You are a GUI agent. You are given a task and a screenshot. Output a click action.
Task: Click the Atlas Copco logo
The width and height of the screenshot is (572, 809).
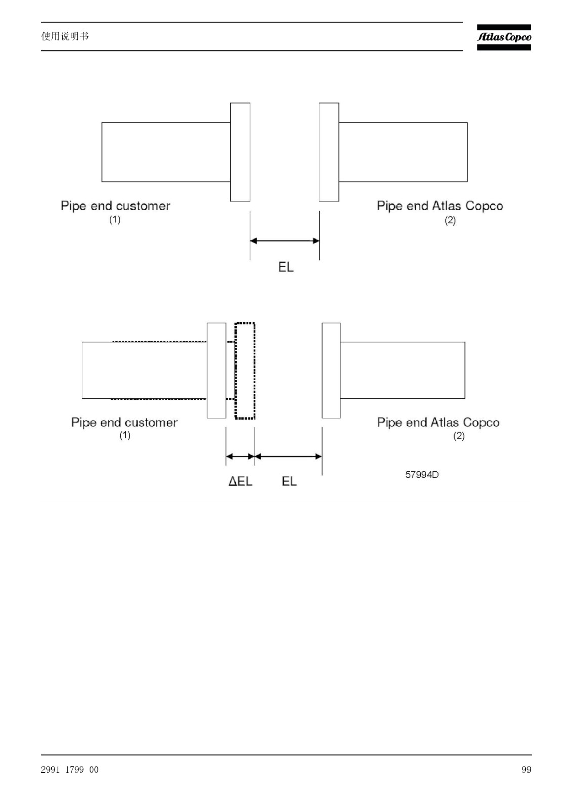point(504,37)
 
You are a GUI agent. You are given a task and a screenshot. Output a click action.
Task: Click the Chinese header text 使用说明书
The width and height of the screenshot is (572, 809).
point(65,36)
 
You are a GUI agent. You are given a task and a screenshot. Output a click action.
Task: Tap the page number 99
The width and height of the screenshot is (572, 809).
point(526,769)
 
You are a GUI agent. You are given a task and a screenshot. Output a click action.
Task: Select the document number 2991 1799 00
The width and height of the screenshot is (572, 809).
point(70,769)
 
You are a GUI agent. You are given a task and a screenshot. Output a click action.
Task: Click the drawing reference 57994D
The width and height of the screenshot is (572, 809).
point(422,475)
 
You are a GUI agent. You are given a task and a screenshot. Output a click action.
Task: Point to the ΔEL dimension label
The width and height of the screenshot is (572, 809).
point(240,481)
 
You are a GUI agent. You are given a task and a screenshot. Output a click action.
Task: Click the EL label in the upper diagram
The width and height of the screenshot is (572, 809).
point(286,267)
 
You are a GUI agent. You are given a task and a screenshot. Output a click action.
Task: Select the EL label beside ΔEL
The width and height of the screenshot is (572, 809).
point(289,481)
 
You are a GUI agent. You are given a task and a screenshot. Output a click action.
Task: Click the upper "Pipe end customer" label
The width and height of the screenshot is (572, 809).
point(115,206)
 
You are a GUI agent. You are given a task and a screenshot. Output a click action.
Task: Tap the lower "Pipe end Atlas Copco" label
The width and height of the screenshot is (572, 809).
point(438,422)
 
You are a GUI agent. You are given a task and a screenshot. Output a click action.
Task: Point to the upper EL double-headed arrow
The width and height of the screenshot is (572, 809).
point(285,241)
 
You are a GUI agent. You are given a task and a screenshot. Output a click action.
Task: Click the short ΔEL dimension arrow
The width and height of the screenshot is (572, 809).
point(240,456)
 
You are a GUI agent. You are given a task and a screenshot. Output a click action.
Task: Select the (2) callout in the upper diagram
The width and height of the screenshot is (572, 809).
point(450,220)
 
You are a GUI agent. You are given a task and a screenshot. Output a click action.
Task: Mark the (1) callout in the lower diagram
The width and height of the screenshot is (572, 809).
point(125,435)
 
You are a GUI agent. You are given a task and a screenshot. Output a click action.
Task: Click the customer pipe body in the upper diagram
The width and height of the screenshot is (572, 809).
point(166,152)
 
